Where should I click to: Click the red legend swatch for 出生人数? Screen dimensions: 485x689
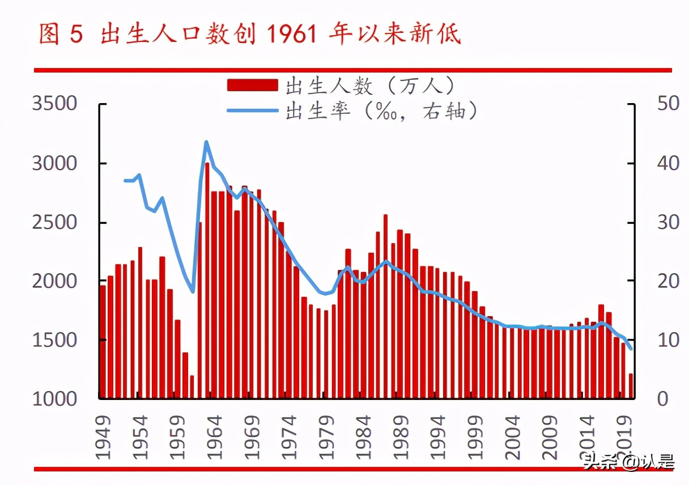click(252, 86)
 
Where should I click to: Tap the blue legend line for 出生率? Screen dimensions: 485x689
click(252, 110)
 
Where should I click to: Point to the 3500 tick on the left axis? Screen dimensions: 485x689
click(54, 104)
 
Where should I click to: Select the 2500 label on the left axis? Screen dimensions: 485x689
click(54, 222)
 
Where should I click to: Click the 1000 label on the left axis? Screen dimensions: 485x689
click(54, 398)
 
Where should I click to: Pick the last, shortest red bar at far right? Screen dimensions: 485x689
click(631, 385)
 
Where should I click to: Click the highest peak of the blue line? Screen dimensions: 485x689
click(206, 142)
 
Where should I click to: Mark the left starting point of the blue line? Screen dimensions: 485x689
click(125, 181)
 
